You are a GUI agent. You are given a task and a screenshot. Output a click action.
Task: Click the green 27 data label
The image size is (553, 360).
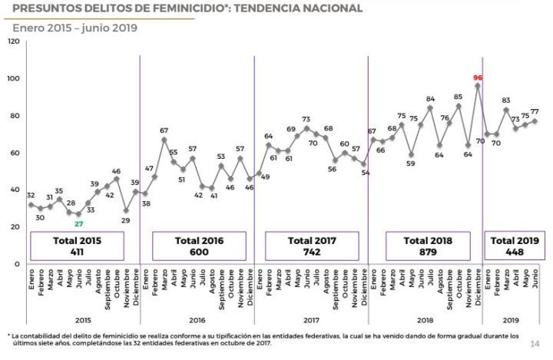pyautogui.click(x=78, y=223)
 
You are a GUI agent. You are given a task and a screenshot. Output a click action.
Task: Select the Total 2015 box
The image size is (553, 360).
pyautogui.click(x=77, y=246)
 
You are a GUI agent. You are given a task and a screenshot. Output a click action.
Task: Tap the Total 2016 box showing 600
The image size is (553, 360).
pyautogui.click(x=198, y=246)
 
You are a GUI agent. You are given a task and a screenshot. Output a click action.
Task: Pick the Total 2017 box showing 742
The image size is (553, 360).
pyautogui.click(x=312, y=246)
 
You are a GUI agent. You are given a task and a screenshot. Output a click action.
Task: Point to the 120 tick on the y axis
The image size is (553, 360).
pyautogui.click(x=13, y=41)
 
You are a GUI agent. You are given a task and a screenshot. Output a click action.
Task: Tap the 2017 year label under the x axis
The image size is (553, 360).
pyautogui.click(x=312, y=321)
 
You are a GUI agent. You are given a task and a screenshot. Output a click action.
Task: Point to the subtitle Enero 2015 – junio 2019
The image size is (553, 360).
pyautogui.click(x=75, y=28)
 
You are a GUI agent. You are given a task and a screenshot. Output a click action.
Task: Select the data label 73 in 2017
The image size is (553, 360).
pyautogui.click(x=306, y=119)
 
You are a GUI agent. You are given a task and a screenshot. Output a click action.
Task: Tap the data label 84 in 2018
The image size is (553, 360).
pyautogui.click(x=430, y=99)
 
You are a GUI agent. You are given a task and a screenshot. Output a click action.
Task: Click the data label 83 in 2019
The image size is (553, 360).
pyautogui.click(x=505, y=101)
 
